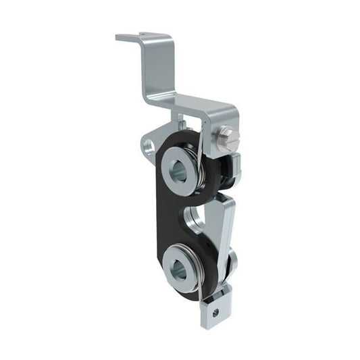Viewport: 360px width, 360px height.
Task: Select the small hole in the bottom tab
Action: (215, 312)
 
